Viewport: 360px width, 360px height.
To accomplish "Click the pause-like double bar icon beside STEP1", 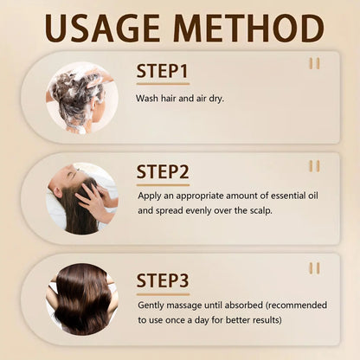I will pos(314,63).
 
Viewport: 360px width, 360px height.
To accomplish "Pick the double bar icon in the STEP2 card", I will pos(314,165).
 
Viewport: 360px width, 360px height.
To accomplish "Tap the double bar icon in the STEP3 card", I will pos(314,268).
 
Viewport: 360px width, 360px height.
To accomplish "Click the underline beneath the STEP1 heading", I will pos(163,84).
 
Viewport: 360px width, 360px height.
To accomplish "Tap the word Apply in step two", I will pos(151,196).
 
